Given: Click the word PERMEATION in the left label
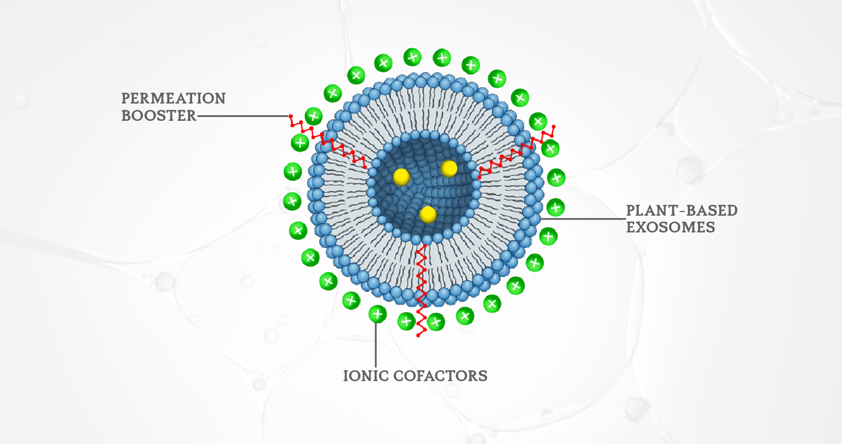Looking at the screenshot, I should coord(173,98).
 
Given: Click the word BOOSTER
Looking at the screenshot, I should coord(159,116).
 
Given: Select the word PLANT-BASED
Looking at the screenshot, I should coord(681,211).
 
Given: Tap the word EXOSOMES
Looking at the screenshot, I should coord(670,227).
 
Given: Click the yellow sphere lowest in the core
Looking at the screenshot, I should coord(428,214).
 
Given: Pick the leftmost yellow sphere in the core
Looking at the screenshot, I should coord(401,177).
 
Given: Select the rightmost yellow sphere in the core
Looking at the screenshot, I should coord(449,168).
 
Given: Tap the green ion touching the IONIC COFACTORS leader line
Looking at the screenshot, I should coord(377,314).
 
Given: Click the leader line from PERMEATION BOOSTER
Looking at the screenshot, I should coord(243,116).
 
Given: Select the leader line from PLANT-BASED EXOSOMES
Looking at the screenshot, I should coord(583,219).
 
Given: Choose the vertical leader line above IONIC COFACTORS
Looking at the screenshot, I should coord(376,345).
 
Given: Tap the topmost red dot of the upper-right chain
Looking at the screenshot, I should coord(554,126).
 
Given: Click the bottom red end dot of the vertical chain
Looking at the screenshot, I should coord(418,335).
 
